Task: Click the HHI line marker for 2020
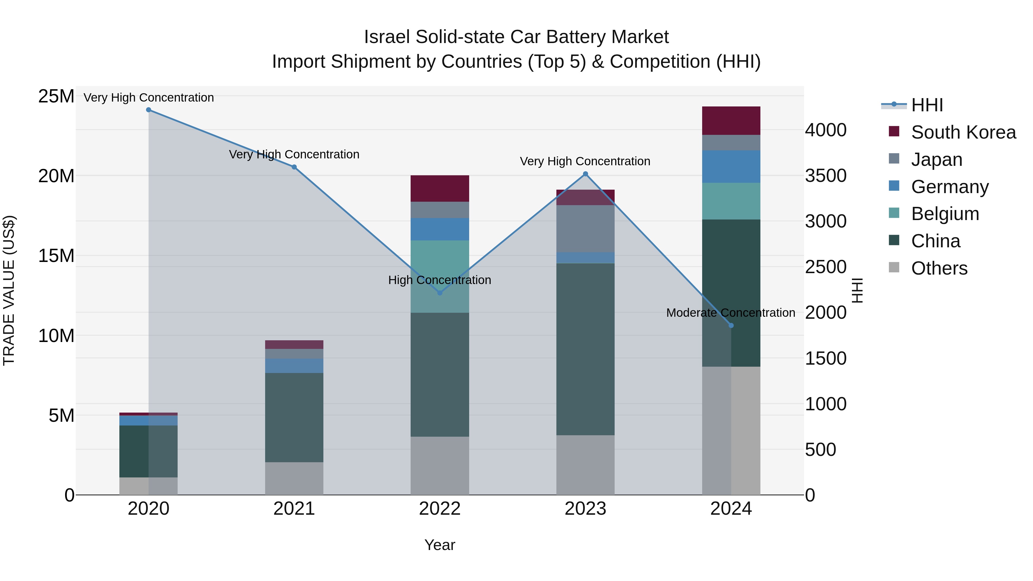click(x=148, y=110)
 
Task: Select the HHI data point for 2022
click(x=440, y=293)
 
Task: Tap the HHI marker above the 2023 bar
click(x=585, y=174)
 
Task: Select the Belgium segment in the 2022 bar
click(x=440, y=276)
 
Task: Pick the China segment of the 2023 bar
click(x=585, y=349)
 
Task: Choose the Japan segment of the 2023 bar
click(x=585, y=229)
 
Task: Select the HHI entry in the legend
click(x=926, y=105)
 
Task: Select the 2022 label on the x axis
click(x=440, y=509)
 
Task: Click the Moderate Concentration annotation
click(x=730, y=313)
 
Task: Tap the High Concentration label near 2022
click(x=440, y=280)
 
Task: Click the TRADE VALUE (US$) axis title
click(x=9, y=290)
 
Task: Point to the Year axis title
click(x=440, y=545)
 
